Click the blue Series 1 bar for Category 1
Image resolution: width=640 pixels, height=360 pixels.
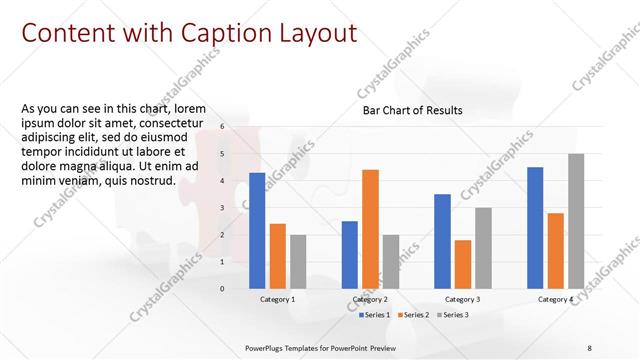[x=257, y=230]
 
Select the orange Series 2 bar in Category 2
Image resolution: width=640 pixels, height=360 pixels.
[x=370, y=228]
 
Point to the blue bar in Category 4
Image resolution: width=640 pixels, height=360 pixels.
[x=535, y=227]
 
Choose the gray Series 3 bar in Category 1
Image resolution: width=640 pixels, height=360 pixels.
[x=298, y=261]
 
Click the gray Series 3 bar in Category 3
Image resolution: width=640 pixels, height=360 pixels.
[x=483, y=248]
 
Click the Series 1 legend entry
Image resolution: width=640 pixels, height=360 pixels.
[x=375, y=315]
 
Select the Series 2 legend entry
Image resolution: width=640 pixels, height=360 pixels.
[x=413, y=315]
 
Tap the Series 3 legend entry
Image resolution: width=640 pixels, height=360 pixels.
[x=451, y=315]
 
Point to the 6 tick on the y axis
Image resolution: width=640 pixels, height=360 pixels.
[x=222, y=127]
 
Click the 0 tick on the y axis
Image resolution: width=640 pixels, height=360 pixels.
[x=222, y=288]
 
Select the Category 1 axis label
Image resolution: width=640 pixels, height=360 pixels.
[x=278, y=299]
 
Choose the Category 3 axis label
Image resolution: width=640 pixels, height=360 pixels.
[x=462, y=299]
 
